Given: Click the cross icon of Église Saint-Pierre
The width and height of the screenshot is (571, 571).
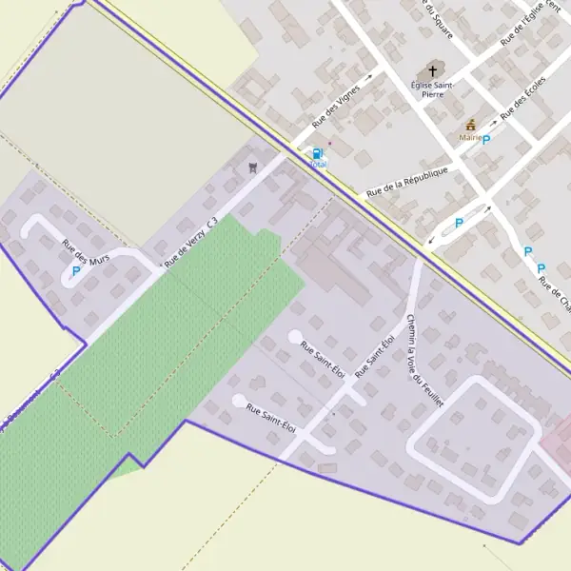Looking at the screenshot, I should pos(433,71).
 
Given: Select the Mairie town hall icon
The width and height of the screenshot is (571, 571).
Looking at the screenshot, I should pos(470,125).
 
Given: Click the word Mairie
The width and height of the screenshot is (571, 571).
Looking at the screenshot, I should pos(469,138).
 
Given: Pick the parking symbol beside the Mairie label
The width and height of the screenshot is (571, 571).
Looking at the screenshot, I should pos(486,140).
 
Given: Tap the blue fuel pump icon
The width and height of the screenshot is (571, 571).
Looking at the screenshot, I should pos(317,153).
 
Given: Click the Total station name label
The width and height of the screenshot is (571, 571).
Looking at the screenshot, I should pos(317,165).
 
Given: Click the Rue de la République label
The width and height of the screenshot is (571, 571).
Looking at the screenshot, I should pos(406,183).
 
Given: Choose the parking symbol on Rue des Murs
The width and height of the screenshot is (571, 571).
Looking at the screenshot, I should pos(76,270).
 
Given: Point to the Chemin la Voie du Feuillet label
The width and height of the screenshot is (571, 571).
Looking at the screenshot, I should pos(424,361).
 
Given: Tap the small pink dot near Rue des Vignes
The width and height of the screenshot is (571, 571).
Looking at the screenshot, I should pos(329,144).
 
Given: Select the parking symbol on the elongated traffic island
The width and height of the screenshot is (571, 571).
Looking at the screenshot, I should pos(459,224).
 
